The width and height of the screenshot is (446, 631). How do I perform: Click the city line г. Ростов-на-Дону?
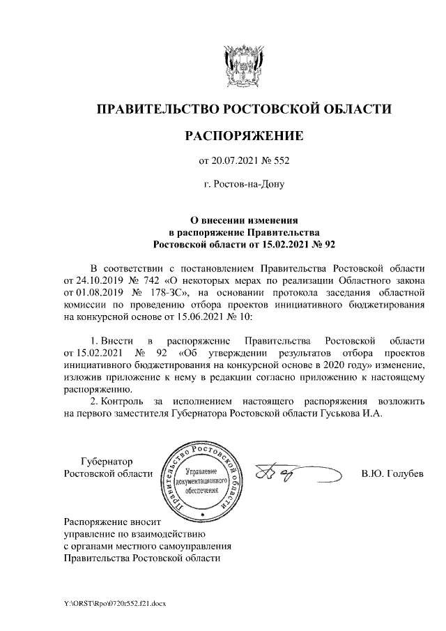(243, 185)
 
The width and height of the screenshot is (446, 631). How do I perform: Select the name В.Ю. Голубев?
(392, 475)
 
